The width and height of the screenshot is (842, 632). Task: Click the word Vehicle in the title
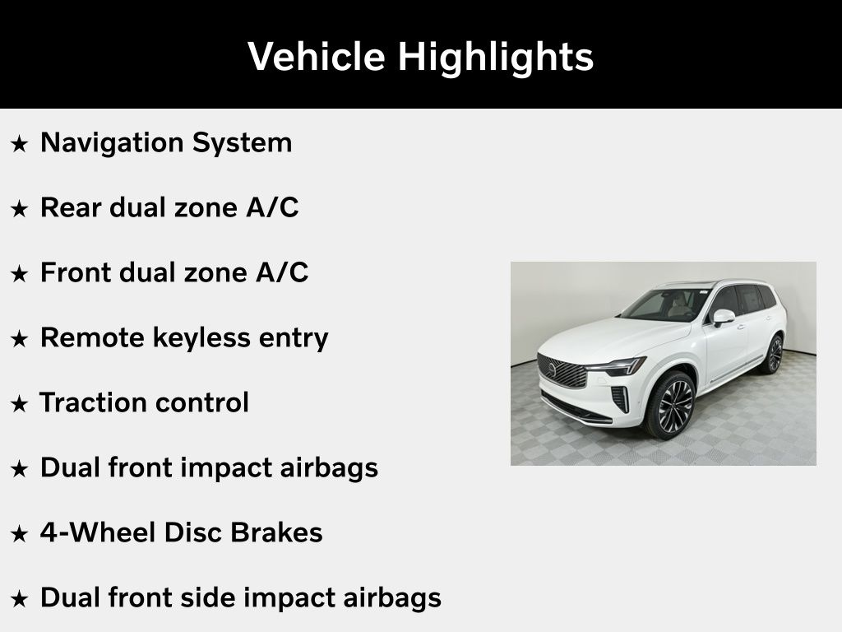coord(317,56)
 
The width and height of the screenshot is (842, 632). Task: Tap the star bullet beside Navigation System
coord(20,143)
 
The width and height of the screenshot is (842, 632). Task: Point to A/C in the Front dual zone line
coord(283,272)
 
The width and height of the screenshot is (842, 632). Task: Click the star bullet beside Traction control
coord(20,403)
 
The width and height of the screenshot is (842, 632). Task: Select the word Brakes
coord(276,532)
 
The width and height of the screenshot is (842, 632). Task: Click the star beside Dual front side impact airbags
coord(20,599)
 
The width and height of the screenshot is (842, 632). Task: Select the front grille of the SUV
coord(562,371)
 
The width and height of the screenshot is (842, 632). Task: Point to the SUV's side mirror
coord(723,317)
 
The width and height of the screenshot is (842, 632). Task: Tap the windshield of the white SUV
coord(666,304)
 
